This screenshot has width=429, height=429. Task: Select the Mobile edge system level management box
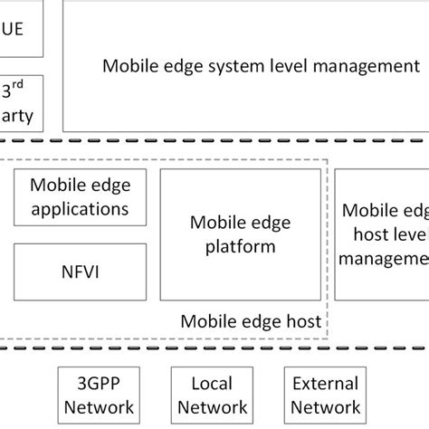pos(245,65)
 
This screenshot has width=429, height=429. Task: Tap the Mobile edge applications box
pos(81,196)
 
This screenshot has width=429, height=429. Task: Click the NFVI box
pos(81,272)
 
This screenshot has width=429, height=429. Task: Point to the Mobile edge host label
pos(251,320)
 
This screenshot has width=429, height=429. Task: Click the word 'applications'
pos(81,209)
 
